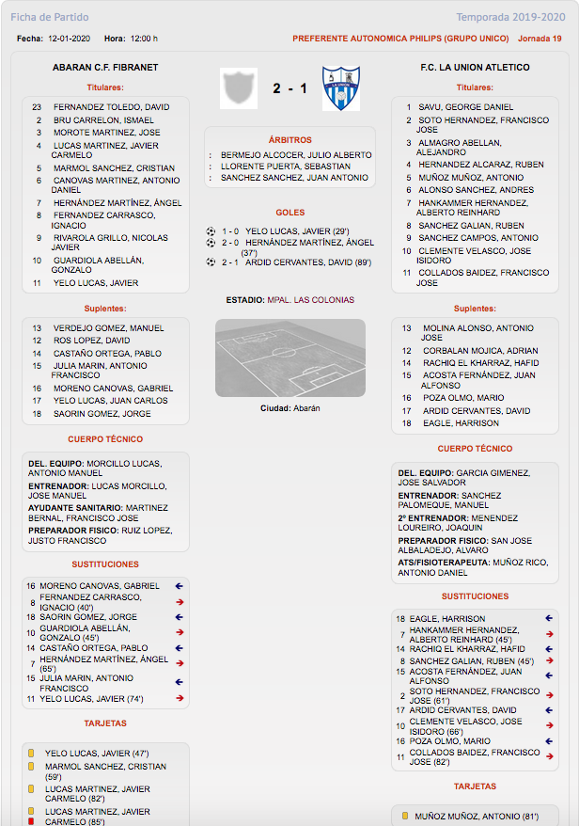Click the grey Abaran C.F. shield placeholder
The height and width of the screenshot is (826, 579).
click(238, 87)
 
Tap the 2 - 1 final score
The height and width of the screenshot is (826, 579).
click(289, 88)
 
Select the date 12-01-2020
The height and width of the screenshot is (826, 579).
click(68, 39)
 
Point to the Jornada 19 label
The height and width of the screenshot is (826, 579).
click(540, 39)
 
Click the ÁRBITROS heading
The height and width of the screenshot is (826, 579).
click(289, 139)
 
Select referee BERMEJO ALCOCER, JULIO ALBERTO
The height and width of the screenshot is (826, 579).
click(296, 154)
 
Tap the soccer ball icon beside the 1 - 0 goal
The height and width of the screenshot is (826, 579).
click(211, 230)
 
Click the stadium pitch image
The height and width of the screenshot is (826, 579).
click(289, 357)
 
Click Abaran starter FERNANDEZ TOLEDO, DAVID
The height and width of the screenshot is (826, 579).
click(111, 107)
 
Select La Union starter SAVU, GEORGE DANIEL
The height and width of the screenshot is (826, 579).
click(466, 107)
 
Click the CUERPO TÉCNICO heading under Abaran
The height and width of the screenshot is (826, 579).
click(105, 439)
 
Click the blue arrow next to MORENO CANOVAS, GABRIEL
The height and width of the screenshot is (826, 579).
click(179, 586)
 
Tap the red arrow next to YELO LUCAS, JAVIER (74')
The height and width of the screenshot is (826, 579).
click(179, 699)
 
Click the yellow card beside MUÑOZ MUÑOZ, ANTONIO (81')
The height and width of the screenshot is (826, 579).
click(405, 816)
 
